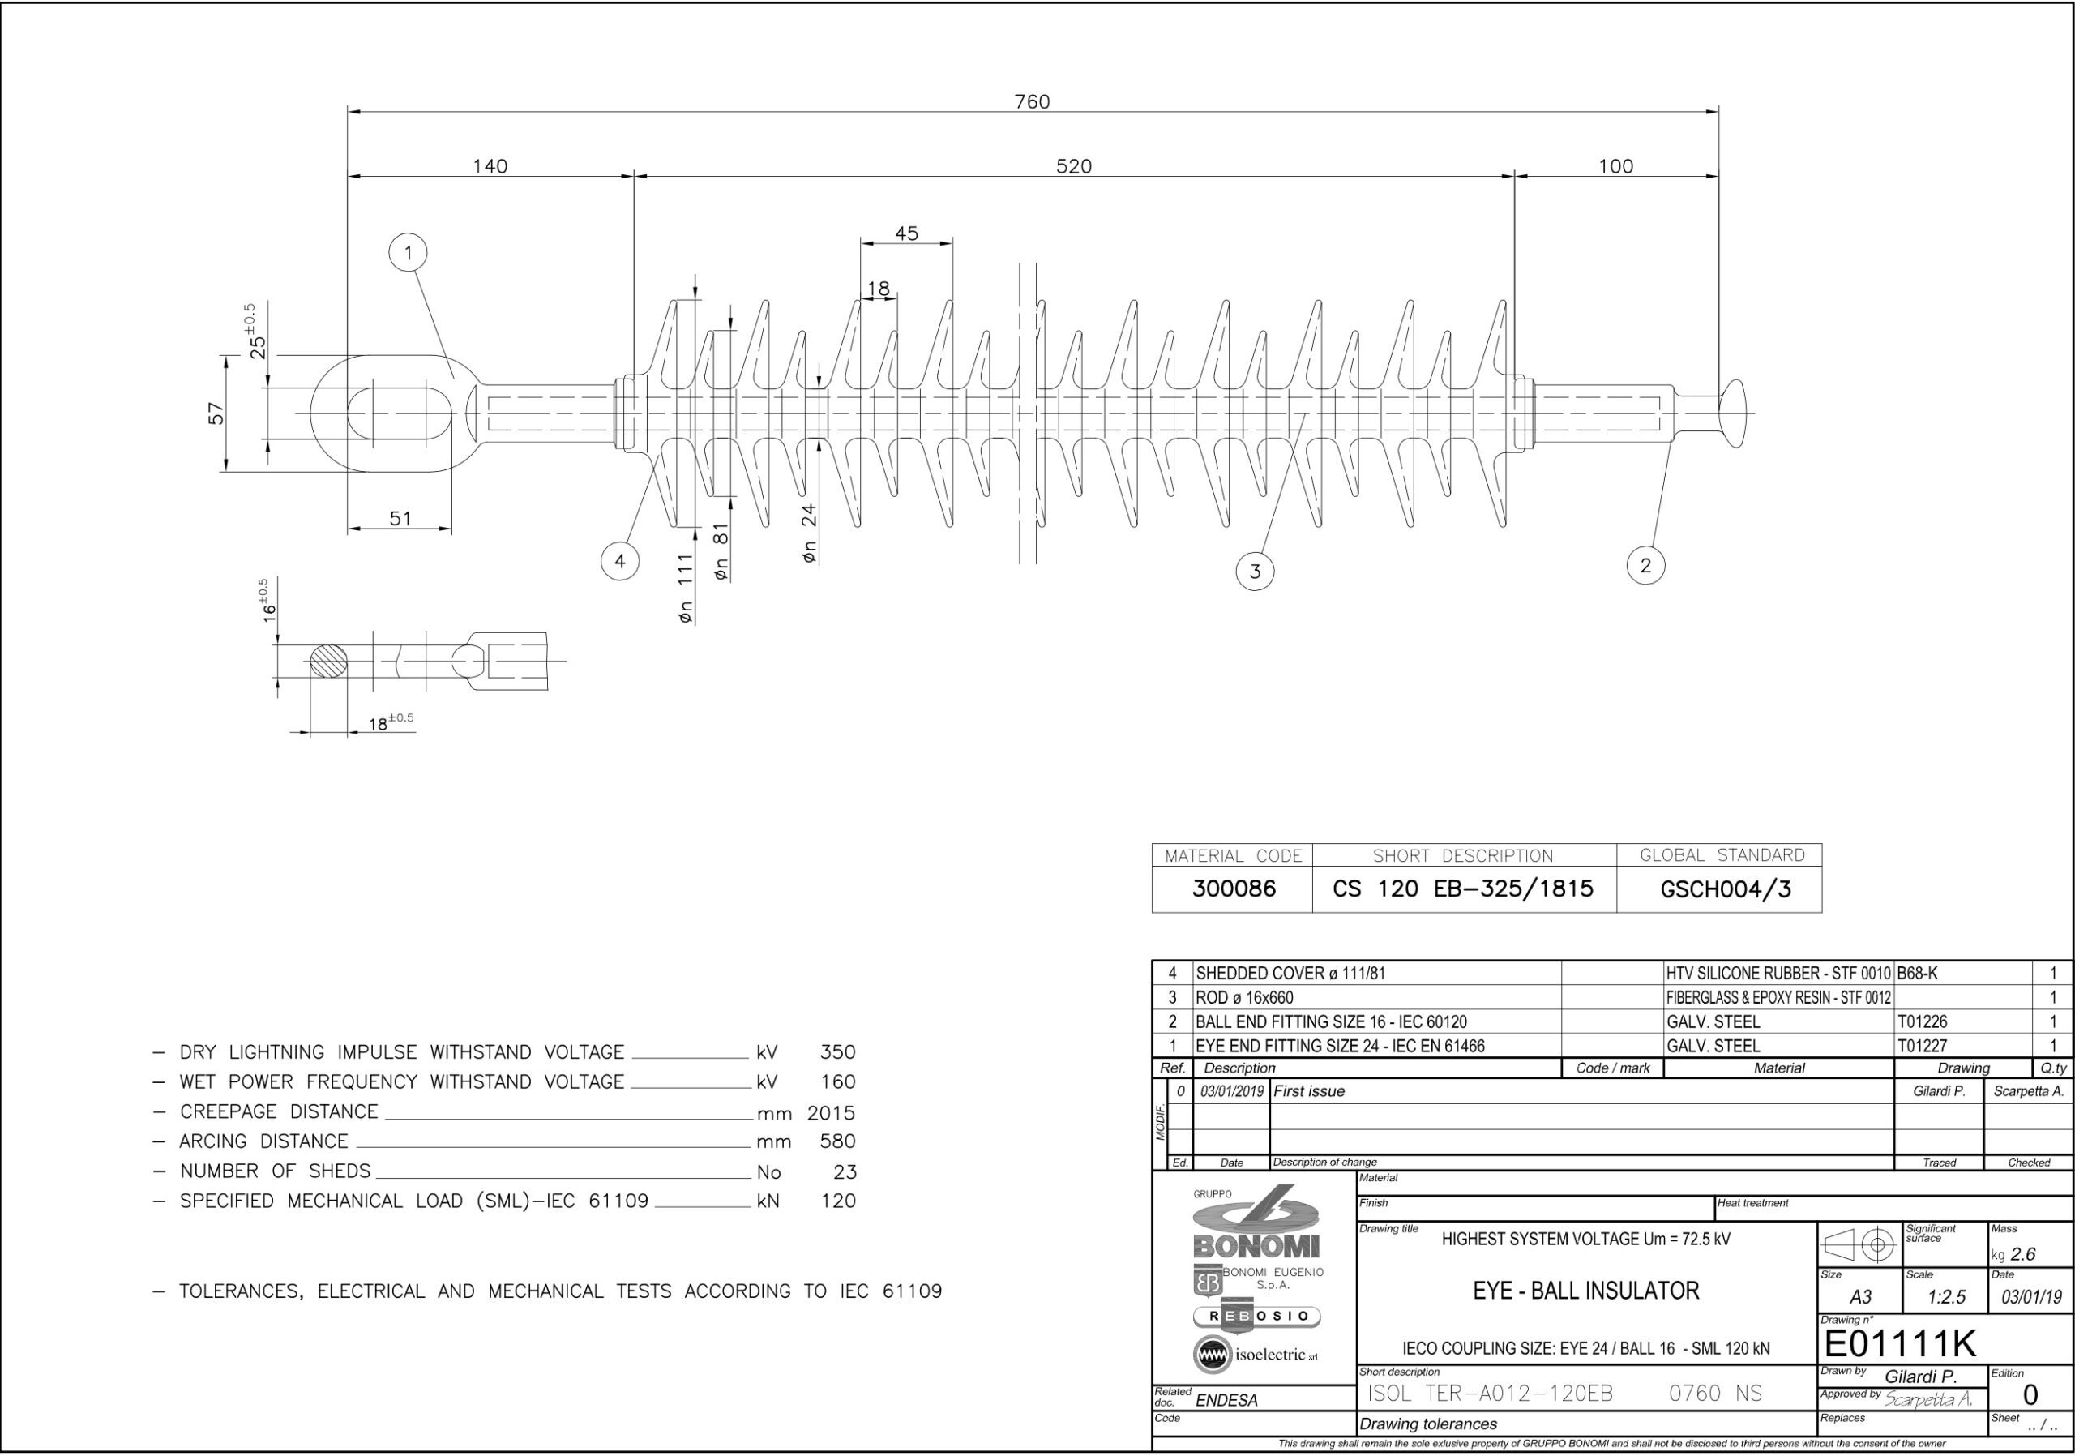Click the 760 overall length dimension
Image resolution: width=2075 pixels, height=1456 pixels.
1032,101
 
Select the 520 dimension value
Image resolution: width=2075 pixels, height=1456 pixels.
1074,166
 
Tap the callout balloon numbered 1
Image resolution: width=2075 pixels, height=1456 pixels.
409,253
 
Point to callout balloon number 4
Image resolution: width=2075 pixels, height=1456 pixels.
620,561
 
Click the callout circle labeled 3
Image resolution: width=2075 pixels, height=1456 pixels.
1256,572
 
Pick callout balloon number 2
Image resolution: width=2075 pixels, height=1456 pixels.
1645,566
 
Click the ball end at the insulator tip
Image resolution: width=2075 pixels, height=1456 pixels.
1734,414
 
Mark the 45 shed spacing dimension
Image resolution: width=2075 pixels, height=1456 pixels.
906,233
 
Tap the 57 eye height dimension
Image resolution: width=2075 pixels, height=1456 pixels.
217,414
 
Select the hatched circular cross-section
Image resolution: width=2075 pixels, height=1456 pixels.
329,661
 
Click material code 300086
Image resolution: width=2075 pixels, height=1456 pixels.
1234,889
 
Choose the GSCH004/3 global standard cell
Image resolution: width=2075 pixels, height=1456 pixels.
1726,889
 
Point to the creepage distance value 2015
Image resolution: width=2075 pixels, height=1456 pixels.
831,1112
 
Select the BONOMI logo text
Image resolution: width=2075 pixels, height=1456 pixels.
1256,1247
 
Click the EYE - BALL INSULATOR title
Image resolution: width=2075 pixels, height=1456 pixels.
1586,1291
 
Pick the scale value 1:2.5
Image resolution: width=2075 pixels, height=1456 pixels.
1947,1297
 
